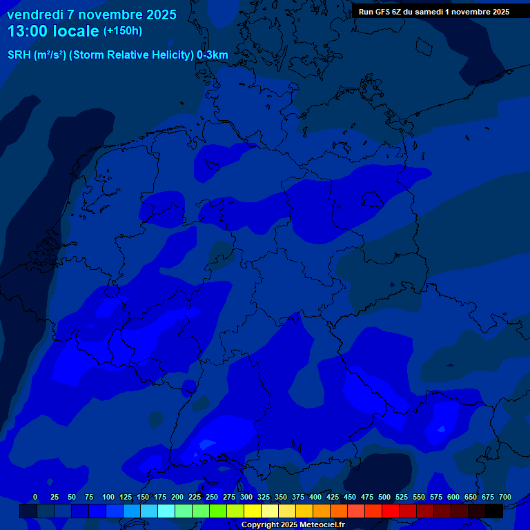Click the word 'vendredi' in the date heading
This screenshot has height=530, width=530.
[x=35, y=14]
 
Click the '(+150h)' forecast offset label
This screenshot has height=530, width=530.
[x=123, y=31]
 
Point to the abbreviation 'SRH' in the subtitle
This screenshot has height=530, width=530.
[x=19, y=55]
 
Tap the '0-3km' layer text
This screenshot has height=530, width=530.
[x=213, y=55]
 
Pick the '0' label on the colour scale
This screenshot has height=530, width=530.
[x=35, y=497]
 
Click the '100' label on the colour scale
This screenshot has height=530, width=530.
[x=108, y=497]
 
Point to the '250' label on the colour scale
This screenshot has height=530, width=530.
[x=212, y=497]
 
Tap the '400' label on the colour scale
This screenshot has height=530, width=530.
[x=315, y=497]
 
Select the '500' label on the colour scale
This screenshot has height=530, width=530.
[x=384, y=497]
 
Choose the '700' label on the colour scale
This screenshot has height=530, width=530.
[x=505, y=497]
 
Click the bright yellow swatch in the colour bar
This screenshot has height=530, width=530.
[x=253, y=511]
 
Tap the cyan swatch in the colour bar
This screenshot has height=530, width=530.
[x=166, y=511]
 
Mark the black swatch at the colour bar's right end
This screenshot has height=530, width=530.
[x=494, y=511]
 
